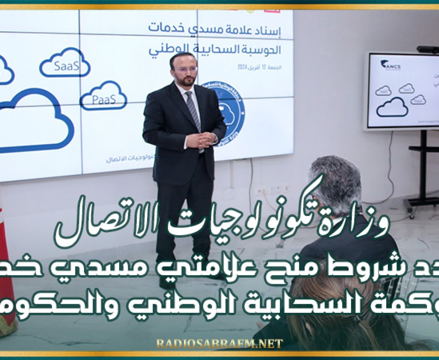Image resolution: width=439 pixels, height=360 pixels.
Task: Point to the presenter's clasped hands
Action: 201,140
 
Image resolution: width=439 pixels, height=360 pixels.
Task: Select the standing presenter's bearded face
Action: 184,71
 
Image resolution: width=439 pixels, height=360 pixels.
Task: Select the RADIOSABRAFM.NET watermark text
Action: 219,343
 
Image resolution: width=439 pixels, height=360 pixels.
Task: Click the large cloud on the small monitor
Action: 392,107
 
